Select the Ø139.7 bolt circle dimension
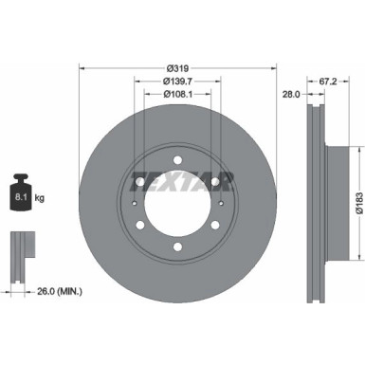click(177, 82)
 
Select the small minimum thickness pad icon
click(19, 249)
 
